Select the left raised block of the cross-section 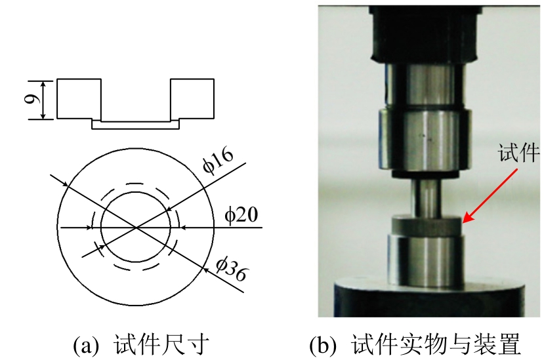click(x=79, y=98)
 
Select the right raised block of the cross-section click(x=192, y=98)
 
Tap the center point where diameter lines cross click(x=136, y=228)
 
